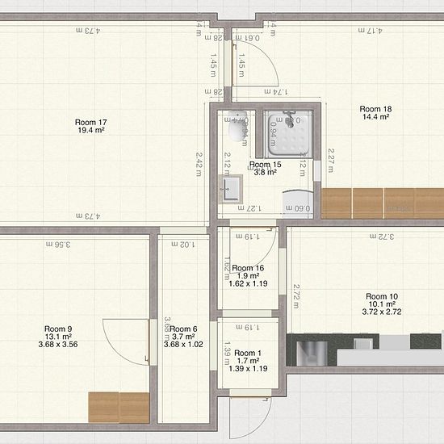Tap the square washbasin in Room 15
231,190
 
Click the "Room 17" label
91,122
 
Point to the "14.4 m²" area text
375,117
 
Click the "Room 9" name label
58,329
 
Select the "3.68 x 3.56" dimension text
58,346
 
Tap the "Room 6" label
184,329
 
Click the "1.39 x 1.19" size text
249,369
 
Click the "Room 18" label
375,108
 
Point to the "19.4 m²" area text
91,130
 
